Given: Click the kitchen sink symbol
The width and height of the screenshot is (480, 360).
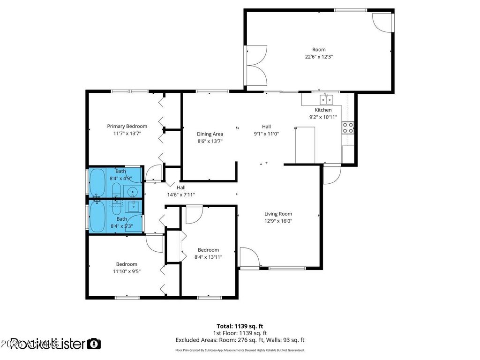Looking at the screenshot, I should tap(326, 99).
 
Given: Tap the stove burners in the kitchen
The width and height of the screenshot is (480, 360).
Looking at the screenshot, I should tap(348, 127).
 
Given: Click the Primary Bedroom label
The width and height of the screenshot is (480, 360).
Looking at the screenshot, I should tap(127, 126).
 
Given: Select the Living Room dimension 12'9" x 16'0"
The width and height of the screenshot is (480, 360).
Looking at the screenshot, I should tap(278, 221).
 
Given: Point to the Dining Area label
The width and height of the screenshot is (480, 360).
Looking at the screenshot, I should tap(210, 134).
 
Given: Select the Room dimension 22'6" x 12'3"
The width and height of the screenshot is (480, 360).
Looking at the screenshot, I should tap(319, 57).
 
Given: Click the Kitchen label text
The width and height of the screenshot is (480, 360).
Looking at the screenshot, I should tap(323, 110).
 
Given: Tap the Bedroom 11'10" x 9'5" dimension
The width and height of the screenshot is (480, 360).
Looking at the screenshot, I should tap(127, 271).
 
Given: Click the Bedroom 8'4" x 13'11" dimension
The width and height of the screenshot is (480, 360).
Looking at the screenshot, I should tap(208, 257).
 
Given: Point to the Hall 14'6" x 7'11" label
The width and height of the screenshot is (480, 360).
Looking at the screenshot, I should tap(181, 195).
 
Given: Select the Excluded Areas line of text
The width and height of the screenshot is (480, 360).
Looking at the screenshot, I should tap(240, 340).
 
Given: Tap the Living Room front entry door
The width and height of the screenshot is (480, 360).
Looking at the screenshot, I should tap(249, 257).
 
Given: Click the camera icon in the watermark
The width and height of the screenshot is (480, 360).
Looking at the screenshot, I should tap(94, 344).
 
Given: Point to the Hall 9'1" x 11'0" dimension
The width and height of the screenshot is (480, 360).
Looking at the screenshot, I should tap(266, 134).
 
